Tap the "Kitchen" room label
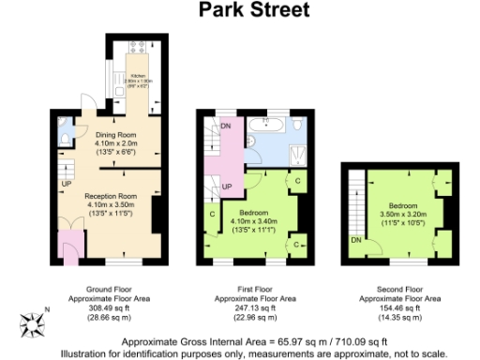pyautogui.click(x=138, y=73)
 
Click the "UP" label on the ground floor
pyautogui.click(x=67, y=183)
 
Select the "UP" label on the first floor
pyautogui.click(x=227, y=187)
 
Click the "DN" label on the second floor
pyautogui.click(x=356, y=239)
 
